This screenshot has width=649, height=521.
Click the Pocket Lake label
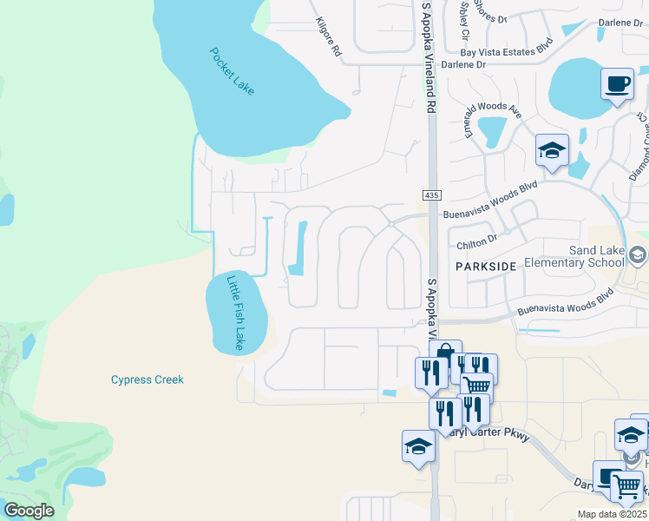point(232,70)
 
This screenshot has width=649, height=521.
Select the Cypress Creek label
point(147,379)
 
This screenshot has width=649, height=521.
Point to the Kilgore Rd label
point(329,37)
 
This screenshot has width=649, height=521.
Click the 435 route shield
point(429,195)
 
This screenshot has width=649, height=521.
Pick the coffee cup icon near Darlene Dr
point(617,84)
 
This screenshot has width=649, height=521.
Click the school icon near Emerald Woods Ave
point(552,151)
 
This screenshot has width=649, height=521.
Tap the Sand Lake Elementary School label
point(597,256)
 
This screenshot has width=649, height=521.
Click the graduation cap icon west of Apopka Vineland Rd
point(418,446)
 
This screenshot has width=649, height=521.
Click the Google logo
point(29,510)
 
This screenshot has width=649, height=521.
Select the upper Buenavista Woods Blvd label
point(490,201)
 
